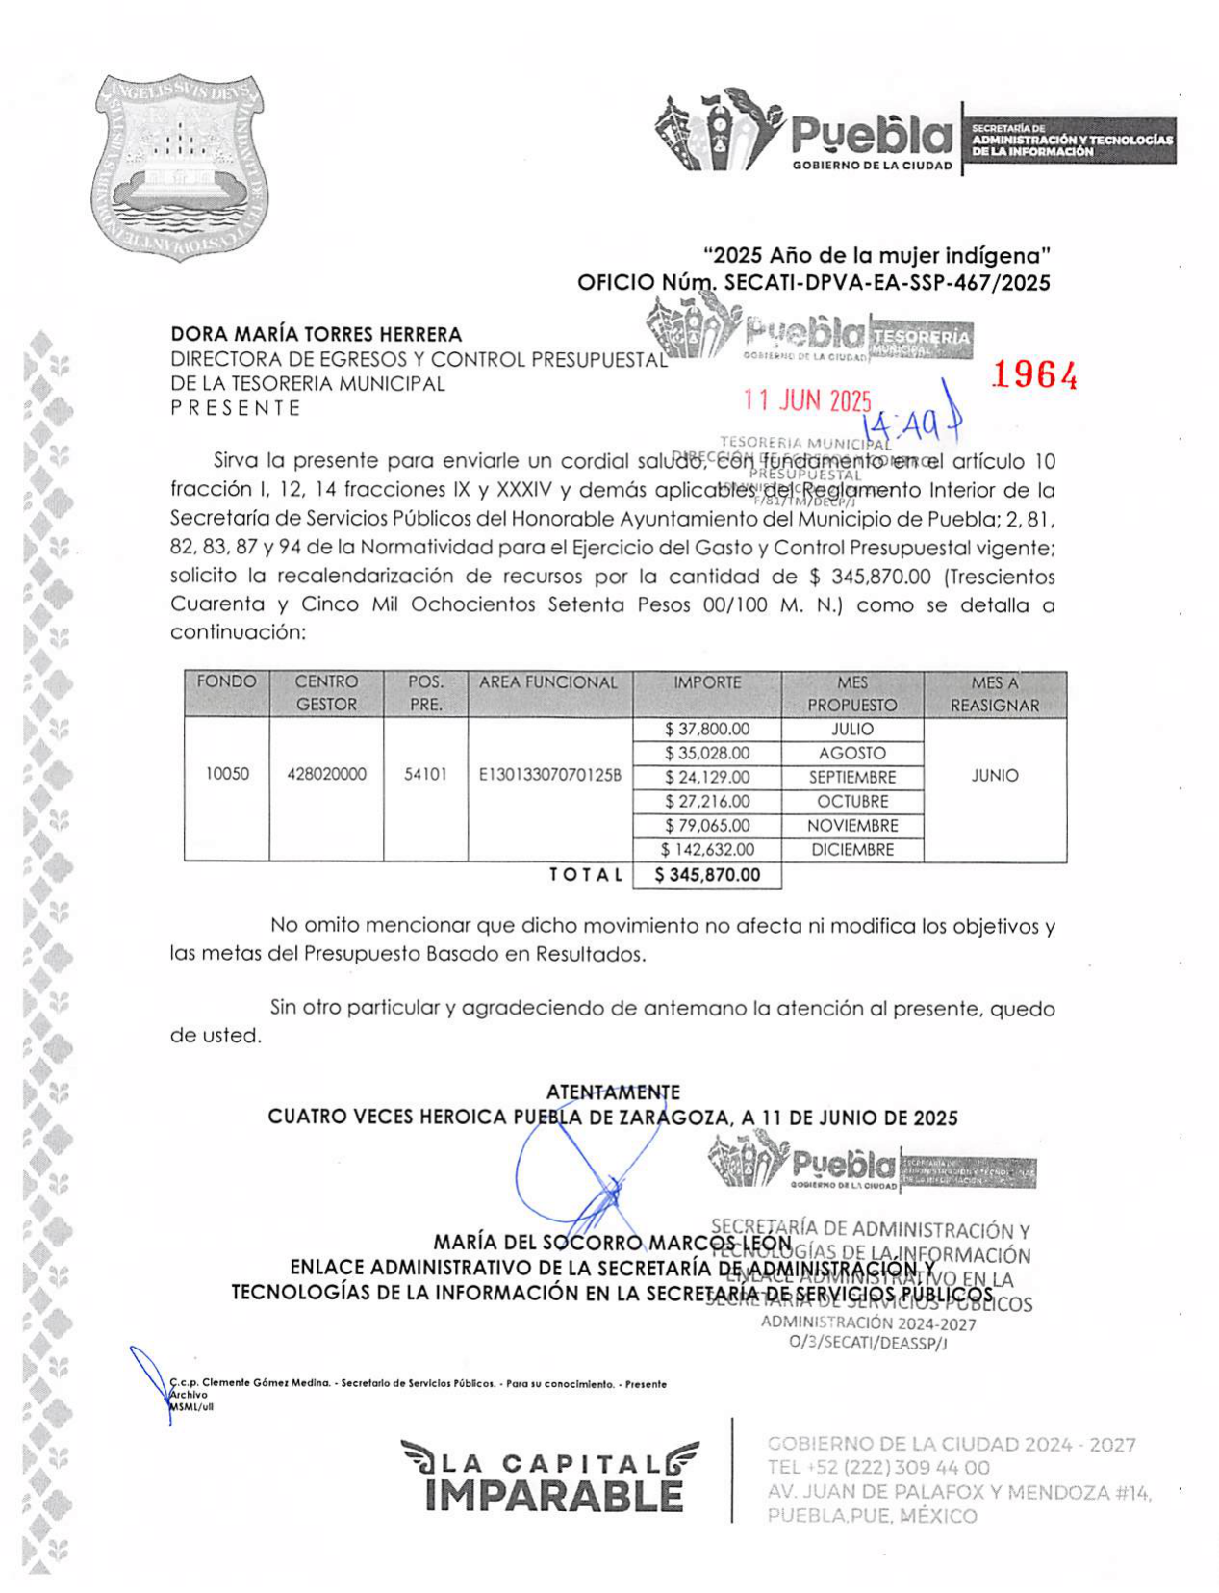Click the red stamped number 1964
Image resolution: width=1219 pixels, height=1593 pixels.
click(1033, 375)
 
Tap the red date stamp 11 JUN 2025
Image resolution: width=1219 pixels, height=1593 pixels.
click(807, 401)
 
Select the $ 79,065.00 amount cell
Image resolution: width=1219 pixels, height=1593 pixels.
click(706, 825)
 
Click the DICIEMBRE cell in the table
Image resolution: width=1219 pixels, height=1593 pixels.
click(851, 849)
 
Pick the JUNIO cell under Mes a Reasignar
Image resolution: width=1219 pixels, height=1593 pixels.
click(994, 775)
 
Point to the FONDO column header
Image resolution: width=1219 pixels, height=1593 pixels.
click(226, 682)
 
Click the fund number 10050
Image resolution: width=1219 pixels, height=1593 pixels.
click(227, 774)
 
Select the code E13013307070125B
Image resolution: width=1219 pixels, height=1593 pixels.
click(549, 774)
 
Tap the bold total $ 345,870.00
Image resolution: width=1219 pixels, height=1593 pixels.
click(706, 874)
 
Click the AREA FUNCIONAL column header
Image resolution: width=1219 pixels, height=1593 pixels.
click(548, 682)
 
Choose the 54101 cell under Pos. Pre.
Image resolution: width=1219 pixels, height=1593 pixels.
click(425, 774)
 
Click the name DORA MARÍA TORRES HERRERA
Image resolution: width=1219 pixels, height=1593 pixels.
click(316, 334)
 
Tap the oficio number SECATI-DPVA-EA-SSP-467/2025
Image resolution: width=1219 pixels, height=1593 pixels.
click(886, 282)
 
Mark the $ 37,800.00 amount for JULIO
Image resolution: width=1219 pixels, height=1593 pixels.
click(706, 729)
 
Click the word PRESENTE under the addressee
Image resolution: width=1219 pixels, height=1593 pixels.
click(236, 408)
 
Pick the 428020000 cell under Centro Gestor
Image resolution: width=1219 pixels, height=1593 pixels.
click(326, 774)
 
